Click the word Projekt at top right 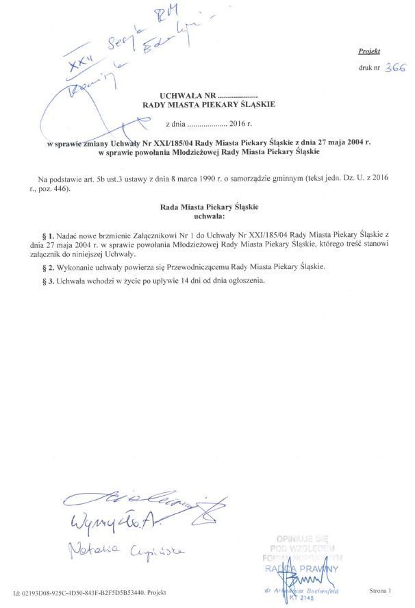click(368, 51)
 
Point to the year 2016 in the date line click(238, 124)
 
